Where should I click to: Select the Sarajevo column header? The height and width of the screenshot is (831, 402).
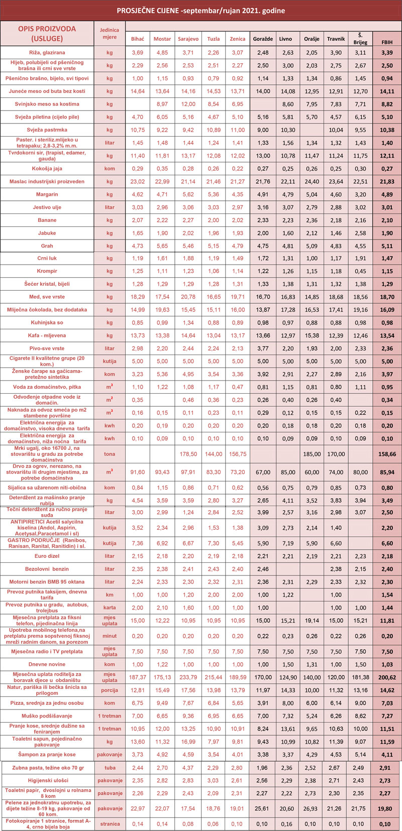tap(188, 39)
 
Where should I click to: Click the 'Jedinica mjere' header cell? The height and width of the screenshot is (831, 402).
tap(110, 33)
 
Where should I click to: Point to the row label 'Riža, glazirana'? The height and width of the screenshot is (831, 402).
tap(47, 53)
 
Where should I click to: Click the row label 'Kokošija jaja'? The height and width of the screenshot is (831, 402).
tap(47, 169)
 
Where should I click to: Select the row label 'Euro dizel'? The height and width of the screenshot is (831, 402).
tap(47, 556)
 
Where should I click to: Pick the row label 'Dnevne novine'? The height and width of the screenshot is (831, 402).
tap(47, 664)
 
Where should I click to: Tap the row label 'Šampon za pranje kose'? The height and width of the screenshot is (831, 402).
tap(47, 755)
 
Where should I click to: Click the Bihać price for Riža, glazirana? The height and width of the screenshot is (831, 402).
tap(137, 53)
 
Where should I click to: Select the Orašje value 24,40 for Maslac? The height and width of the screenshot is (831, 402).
tap(312, 182)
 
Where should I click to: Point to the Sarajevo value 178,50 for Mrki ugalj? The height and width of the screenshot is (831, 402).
tap(188, 454)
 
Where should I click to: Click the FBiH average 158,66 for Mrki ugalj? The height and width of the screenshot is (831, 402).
tap(386, 454)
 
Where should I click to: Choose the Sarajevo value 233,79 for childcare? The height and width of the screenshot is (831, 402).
tap(188, 677)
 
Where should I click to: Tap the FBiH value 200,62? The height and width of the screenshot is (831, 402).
tap(386, 677)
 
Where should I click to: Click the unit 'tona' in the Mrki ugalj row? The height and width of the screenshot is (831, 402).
tap(110, 454)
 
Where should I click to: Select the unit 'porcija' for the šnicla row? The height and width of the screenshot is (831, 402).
tap(110, 690)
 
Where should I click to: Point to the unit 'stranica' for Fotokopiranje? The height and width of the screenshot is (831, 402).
tap(110, 824)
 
